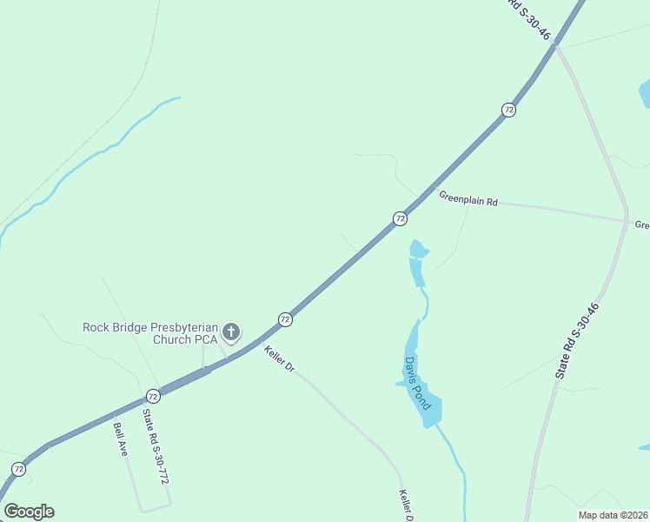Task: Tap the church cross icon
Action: click(231, 331)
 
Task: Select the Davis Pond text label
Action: click(416, 384)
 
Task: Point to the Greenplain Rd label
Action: click(468, 199)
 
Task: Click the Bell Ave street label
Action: click(120, 438)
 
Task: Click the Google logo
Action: click(29, 512)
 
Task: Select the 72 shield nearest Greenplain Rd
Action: click(400, 218)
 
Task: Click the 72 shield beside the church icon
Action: click(285, 319)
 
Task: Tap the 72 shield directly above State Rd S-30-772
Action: click(153, 395)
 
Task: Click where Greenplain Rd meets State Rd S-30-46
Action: click(626, 220)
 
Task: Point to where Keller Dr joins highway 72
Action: click(259, 342)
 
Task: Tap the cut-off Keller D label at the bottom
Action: click(404, 505)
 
